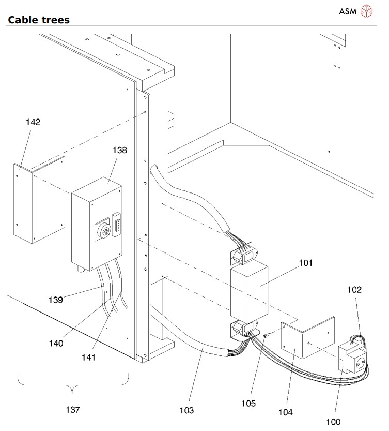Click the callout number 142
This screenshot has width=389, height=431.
[33, 122]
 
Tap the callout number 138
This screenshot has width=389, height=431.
[120, 150]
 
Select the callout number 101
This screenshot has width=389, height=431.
[305, 263]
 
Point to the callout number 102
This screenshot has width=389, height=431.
[354, 289]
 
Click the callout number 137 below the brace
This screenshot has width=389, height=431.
[73, 410]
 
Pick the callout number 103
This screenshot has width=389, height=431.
[186, 410]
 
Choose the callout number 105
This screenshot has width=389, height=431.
[248, 403]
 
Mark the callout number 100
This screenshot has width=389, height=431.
[333, 422]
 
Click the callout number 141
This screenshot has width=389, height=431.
[89, 358]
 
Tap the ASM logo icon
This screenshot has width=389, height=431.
[366, 11]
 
